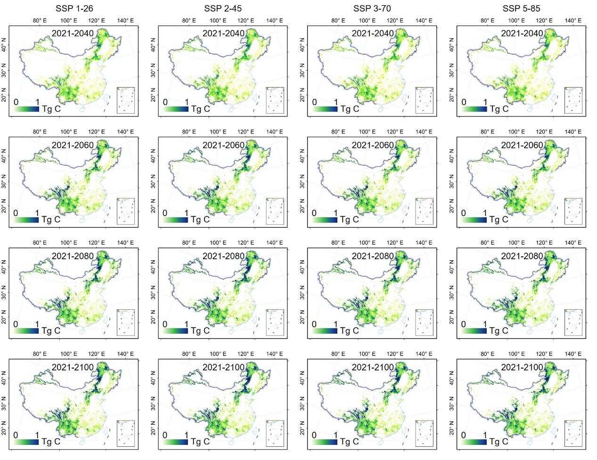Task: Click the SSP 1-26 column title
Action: [75, 8]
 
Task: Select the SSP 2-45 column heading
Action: [223, 8]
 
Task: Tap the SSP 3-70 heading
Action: [372, 8]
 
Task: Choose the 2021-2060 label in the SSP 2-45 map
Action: [223, 145]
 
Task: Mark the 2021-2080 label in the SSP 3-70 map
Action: [372, 256]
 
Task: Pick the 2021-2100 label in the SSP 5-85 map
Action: [522, 367]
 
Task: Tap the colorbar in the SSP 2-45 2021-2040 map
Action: [176, 109]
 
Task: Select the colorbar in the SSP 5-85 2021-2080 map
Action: [474, 331]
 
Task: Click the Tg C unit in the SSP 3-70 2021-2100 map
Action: [350, 442]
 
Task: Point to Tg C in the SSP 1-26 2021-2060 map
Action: [51, 220]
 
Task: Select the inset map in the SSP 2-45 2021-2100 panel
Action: [275, 433]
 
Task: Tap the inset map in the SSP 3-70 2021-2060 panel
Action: [424, 211]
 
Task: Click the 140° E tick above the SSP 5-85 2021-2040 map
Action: [573, 21]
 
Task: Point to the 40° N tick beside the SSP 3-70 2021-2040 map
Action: [303, 46]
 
